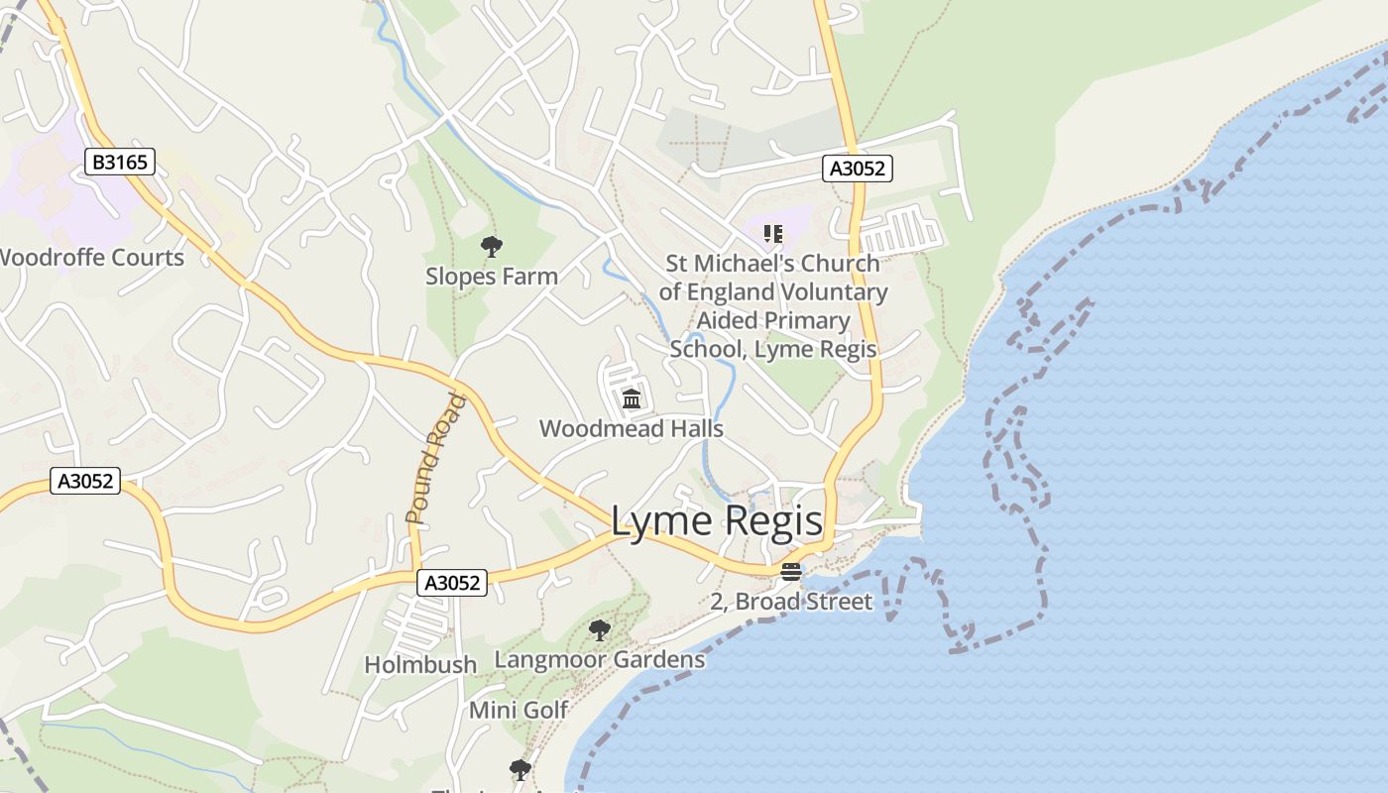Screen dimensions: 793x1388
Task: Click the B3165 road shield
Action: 120,162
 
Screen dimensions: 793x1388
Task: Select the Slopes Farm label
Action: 492,277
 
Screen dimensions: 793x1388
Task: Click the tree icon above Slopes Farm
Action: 491,247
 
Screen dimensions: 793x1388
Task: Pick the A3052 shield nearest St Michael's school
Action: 858,169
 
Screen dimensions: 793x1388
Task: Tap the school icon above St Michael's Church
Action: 773,234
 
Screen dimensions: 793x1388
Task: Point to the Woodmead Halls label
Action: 632,429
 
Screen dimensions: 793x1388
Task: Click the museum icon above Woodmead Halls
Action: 632,399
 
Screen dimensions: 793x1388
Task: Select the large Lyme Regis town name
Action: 716,521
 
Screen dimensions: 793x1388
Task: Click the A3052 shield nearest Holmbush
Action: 452,583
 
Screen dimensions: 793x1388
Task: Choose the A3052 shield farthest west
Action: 85,482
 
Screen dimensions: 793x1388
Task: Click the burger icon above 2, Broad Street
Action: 790,572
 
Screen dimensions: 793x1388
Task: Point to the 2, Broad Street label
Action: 791,602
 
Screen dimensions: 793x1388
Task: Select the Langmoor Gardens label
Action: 599,659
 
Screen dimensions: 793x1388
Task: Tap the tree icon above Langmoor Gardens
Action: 599,629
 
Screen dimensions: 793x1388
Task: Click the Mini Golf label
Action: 519,710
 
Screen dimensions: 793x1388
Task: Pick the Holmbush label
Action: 420,664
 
